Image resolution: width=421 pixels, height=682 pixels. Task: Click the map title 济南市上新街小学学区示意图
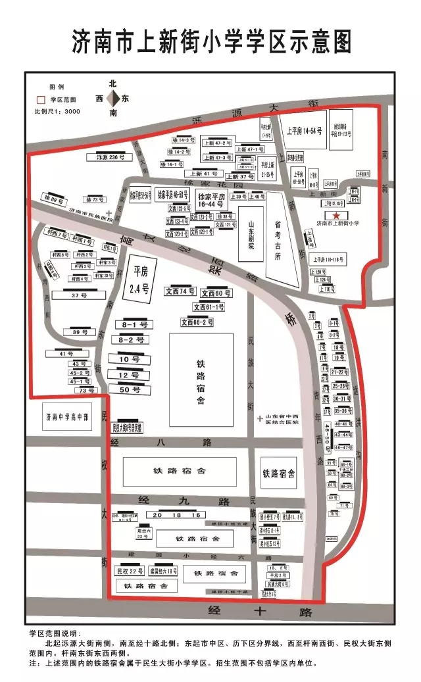(x=210, y=41)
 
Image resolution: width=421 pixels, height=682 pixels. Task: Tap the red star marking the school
(x=336, y=216)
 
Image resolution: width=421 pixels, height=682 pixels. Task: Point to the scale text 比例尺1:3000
(x=57, y=112)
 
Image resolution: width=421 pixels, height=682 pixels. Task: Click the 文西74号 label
(x=180, y=291)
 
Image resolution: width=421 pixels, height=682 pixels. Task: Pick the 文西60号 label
(x=216, y=293)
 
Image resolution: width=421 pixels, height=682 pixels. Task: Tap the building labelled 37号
(x=79, y=295)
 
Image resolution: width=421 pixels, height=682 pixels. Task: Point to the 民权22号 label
(x=130, y=570)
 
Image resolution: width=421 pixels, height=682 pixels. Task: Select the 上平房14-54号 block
(x=303, y=131)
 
